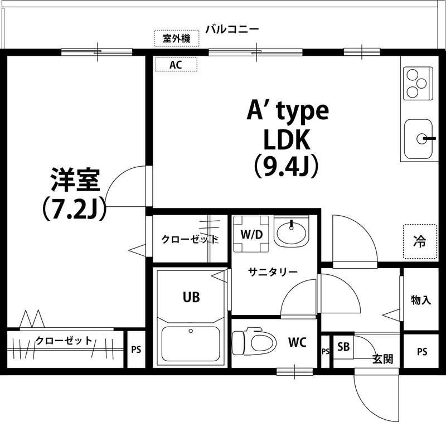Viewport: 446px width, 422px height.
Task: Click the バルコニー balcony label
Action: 231,29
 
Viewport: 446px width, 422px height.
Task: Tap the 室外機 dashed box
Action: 176,38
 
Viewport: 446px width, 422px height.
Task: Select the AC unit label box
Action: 176,65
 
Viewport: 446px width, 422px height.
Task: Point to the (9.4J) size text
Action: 287,166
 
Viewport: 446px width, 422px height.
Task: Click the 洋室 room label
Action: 75,180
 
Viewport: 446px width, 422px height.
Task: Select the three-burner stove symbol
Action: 416,84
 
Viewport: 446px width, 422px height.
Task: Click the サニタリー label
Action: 273,271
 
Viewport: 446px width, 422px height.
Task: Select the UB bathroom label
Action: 191,297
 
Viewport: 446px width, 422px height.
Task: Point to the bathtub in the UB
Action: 191,344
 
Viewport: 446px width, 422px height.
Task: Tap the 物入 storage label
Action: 421,300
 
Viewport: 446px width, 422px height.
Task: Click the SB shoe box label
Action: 343,347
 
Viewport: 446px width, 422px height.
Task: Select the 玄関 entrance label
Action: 382,359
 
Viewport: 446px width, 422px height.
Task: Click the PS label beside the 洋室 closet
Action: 136,350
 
